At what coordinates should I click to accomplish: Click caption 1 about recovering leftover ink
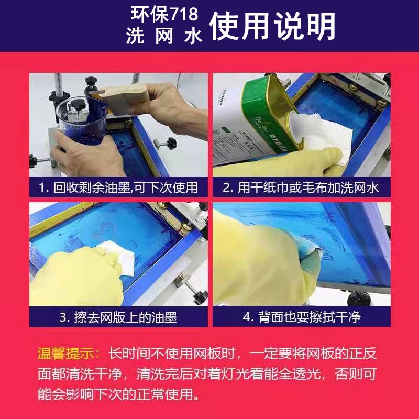tap(118, 187)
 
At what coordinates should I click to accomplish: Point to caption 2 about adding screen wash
tap(301, 187)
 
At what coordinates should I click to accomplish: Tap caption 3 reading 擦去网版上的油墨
tap(118, 317)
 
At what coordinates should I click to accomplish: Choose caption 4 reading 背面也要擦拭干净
tap(301, 317)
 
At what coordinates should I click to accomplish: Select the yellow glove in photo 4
tap(257, 262)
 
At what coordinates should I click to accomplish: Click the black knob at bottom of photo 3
tap(199, 297)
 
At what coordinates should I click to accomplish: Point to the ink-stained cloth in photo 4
tap(309, 259)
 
